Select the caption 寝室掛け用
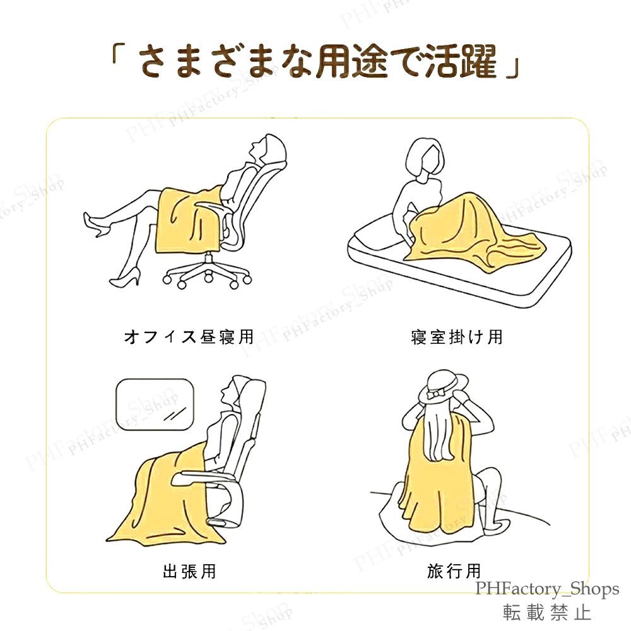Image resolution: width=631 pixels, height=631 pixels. coord(456,337)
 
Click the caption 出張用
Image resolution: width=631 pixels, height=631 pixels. coord(189,572)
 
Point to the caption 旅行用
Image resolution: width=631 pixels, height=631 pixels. coord(454,572)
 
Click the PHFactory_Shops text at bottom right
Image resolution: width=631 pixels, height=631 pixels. coord(547,589)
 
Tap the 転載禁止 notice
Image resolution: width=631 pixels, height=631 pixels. coord(547,611)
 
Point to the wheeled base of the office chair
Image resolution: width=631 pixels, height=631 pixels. coord(205,274)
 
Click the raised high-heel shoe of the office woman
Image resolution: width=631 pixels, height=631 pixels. coord(93,225)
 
